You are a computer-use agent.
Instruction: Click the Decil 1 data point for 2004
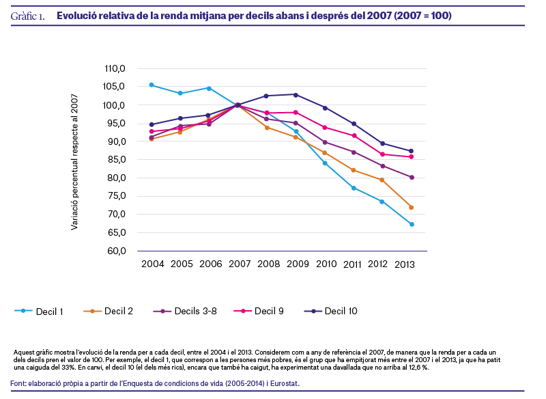pyautogui.click(x=151, y=85)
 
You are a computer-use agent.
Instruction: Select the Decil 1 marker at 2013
pyautogui.click(x=412, y=224)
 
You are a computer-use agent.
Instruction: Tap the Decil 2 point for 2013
pyautogui.click(x=412, y=207)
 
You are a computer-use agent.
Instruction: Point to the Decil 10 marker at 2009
pyautogui.click(x=296, y=94)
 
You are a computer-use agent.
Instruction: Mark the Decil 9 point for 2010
pyautogui.click(x=324, y=128)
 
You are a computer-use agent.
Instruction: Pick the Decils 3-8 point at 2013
pyautogui.click(x=412, y=177)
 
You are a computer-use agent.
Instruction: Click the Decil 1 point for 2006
pyautogui.click(x=209, y=88)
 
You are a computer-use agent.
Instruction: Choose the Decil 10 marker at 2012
pyautogui.click(x=382, y=143)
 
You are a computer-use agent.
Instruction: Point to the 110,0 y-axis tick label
pyautogui.click(x=115, y=69)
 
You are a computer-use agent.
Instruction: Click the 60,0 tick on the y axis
pyautogui.click(x=116, y=251)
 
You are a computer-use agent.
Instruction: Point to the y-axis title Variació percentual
pyautogui.click(x=75, y=162)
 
